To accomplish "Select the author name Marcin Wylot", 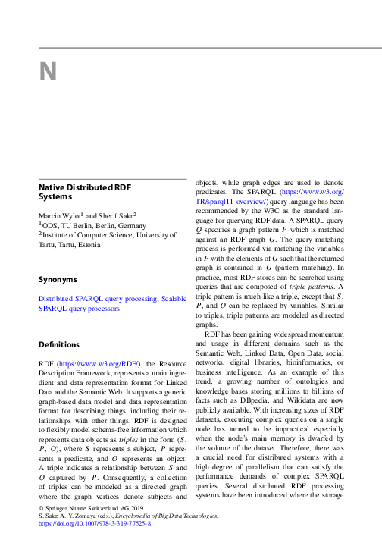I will [61, 217].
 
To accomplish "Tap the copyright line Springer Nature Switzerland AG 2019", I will [88, 505].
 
